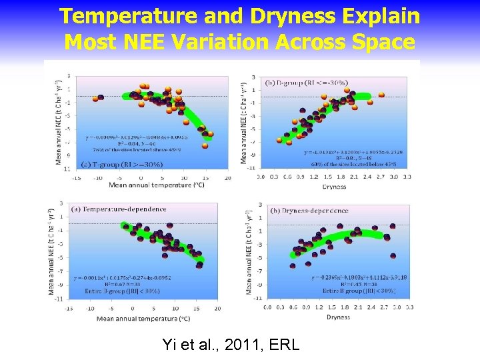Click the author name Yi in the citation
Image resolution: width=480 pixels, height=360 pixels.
tap(169, 345)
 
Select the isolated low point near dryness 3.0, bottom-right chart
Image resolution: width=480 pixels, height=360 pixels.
tap(393, 256)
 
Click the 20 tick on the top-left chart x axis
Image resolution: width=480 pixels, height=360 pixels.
tap(227, 178)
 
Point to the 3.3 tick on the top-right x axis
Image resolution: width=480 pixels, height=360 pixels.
tap(407, 177)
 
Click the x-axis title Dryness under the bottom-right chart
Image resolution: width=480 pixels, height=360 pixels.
tap(338, 317)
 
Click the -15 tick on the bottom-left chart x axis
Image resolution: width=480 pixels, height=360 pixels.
tap(69, 309)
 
